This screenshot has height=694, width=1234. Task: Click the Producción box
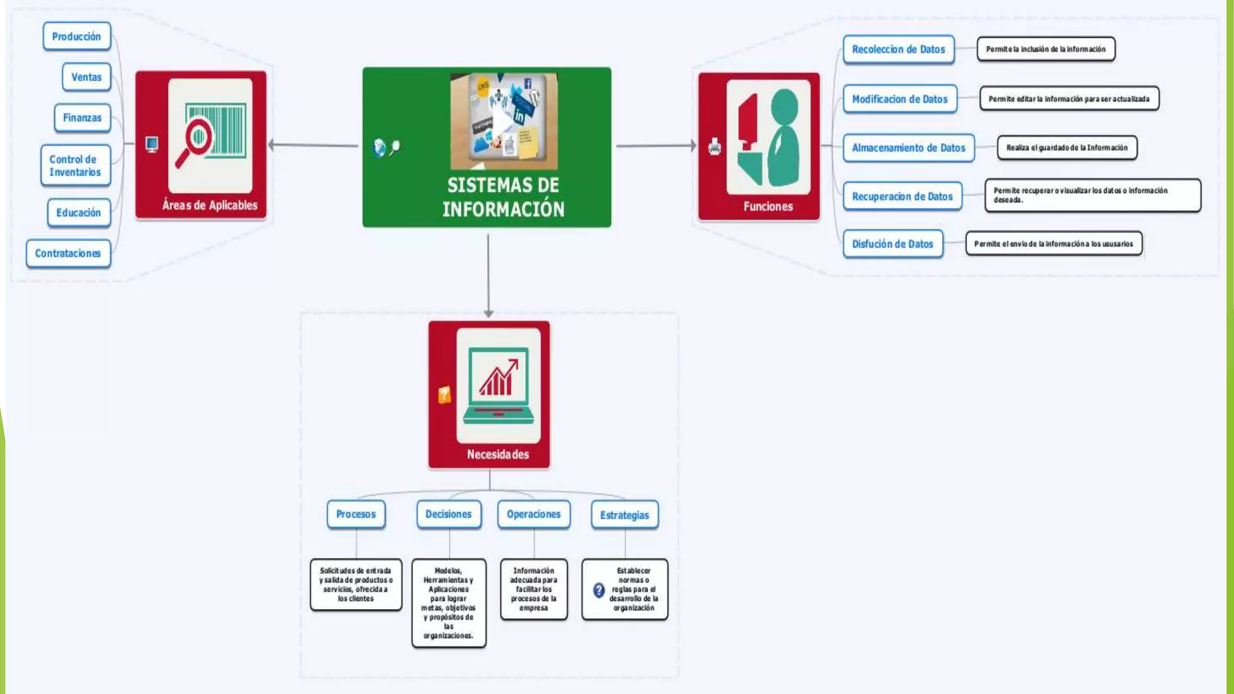77,37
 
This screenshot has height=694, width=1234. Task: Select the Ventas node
86,77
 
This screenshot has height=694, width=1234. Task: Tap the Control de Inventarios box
75,166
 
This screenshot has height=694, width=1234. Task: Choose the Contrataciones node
68,254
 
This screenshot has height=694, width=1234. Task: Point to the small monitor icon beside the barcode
152,144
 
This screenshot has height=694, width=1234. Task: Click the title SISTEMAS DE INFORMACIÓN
503,197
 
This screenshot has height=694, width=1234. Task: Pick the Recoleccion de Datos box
898,49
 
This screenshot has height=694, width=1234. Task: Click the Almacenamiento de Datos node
908,148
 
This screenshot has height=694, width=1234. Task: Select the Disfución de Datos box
892,244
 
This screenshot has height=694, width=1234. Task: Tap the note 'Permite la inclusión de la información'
1045,49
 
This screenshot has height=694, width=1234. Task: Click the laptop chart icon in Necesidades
498,386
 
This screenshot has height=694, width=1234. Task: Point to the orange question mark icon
444,395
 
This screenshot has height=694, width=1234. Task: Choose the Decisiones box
448,514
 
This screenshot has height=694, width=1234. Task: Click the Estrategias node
624,515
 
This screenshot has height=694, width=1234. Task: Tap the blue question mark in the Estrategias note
598,590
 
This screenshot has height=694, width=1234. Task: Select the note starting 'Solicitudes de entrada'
355,584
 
